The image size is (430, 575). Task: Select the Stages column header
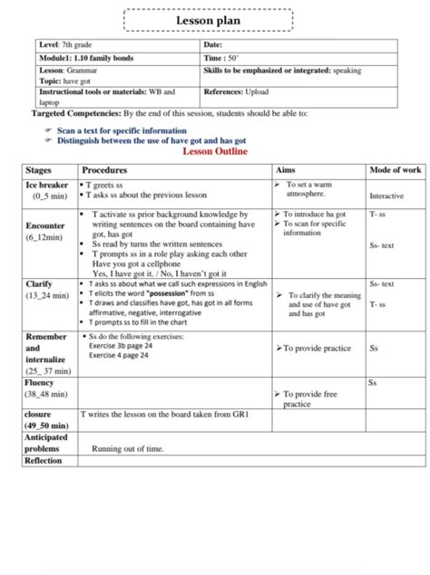[40, 170]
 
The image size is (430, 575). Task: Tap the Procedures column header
[104, 170]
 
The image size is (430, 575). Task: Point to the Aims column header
[285, 170]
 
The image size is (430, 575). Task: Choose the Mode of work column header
[396, 170]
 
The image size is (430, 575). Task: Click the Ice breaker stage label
[47, 184]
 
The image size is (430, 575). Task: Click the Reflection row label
[44, 461]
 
